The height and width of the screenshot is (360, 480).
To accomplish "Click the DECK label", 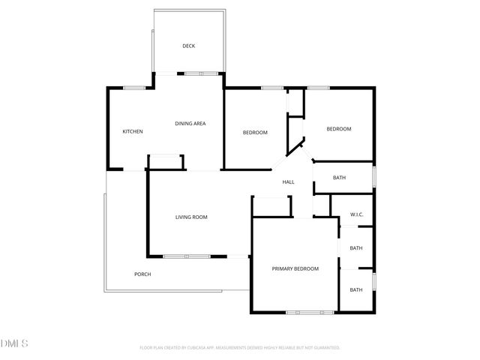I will (189, 46).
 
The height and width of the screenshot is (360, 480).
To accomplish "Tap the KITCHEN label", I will (133, 132).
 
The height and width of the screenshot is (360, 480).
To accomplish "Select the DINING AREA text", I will (190, 124).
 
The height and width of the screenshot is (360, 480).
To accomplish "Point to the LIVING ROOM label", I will (191, 217).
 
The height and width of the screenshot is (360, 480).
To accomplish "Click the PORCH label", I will (142, 274).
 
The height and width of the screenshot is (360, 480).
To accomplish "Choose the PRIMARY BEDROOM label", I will (295, 268).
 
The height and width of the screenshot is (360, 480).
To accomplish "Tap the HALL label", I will (288, 182).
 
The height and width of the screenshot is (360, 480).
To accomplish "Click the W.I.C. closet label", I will (357, 215).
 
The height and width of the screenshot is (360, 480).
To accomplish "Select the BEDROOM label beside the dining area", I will (255, 133).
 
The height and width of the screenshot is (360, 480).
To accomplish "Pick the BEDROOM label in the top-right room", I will (338, 129).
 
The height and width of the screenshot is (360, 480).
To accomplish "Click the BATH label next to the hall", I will (339, 178).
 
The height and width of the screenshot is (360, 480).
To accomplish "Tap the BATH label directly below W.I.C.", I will (356, 248).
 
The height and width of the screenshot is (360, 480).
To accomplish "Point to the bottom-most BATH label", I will (356, 290).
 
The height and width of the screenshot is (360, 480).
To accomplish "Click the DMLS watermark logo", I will (14, 343).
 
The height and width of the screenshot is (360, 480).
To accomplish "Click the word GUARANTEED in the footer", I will (322, 348).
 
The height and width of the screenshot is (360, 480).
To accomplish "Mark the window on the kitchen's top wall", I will (134, 88).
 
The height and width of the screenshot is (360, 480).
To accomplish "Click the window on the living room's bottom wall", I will (187, 256).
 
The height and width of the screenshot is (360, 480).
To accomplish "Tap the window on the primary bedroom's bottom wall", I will (304, 312).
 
